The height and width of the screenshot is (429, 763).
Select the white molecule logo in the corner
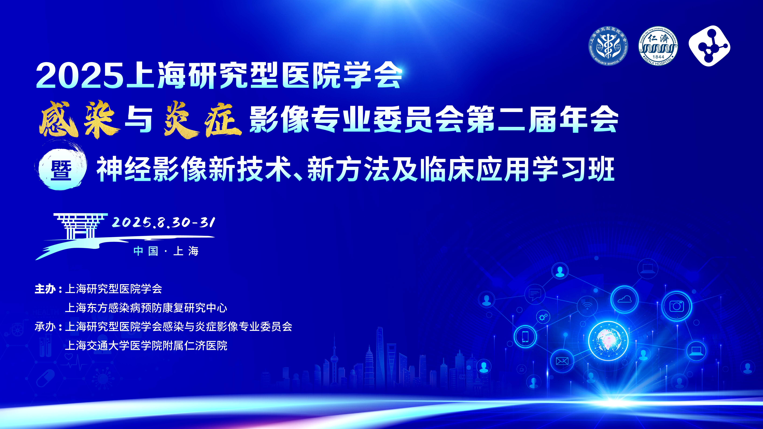point(709,46)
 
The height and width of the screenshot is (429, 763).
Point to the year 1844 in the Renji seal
point(658,57)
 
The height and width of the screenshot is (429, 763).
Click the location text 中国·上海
point(166,251)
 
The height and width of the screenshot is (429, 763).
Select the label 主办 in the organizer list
point(45,289)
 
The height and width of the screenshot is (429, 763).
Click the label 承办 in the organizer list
point(45,327)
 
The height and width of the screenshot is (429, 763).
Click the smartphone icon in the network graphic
point(525,336)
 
